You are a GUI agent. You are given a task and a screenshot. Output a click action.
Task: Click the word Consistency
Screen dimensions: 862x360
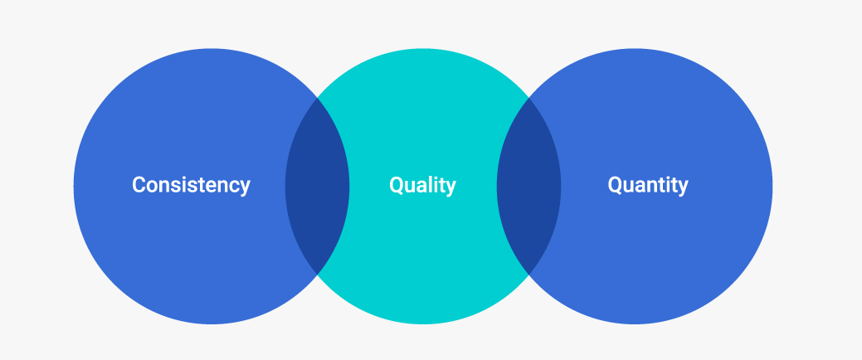(x=192, y=185)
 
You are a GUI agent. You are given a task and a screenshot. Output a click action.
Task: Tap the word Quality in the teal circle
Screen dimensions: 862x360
(x=423, y=185)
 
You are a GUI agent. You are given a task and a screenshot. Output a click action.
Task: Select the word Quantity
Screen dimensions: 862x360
(x=648, y=185)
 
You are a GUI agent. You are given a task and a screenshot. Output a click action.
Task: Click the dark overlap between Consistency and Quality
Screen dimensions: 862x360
(x=317, y=187)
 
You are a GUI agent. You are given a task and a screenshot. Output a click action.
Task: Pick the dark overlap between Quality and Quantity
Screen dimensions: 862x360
(x=528, y=187)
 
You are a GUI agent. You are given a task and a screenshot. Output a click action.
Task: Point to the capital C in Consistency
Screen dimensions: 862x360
(x=139, y=185)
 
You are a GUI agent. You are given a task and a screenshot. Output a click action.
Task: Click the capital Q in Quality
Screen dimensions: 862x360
(x=397, y=185)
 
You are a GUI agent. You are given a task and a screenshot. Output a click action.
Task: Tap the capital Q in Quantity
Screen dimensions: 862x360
(x=615, y=185)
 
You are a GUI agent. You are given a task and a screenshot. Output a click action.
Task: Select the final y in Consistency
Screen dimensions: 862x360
(x=246, y=187)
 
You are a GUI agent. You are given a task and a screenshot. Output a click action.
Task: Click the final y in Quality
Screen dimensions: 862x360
(x=450, y=187)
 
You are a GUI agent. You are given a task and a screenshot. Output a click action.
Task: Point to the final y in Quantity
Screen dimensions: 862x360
(x=683, y=187)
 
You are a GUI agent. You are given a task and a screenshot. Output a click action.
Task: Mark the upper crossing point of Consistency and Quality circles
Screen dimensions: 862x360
(x=317, y=98)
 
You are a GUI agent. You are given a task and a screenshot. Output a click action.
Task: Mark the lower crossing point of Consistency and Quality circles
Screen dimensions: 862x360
(x=317, y=275)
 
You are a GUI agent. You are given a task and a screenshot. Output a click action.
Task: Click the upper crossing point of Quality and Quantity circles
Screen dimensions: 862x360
(x=528, y=98)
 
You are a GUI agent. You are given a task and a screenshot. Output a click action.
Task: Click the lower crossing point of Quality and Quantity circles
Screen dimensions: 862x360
(x=528, y=275)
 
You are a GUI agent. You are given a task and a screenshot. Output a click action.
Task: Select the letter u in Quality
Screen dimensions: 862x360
(x=410, y=187)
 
